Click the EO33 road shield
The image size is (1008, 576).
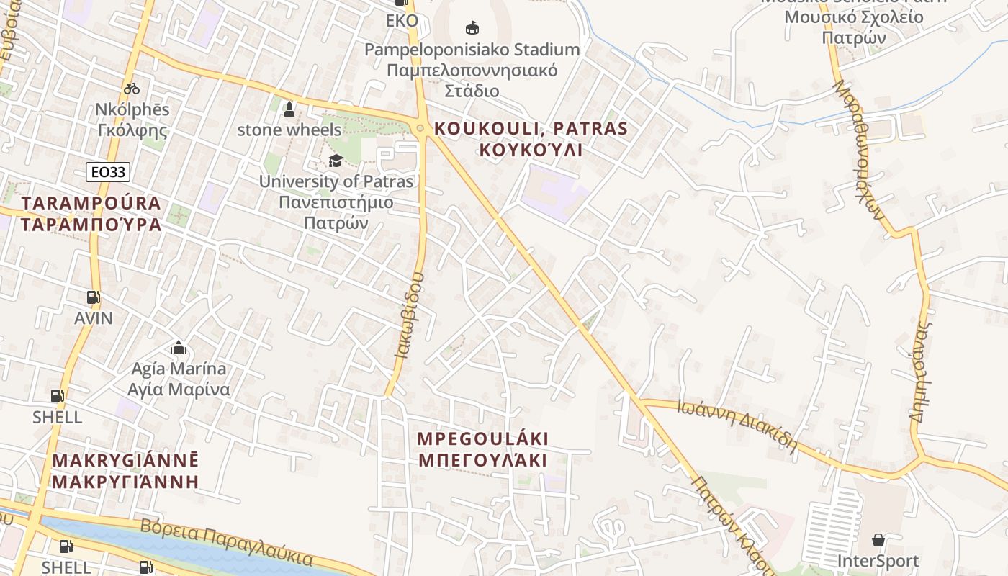(108, 172)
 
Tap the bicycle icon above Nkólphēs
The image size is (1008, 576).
(132, 89)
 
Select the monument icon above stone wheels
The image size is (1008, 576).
(289, 109)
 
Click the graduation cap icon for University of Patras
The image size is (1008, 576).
(336, 161)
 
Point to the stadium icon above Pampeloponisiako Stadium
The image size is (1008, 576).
(472, 28)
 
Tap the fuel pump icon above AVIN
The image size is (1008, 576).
(93, 297)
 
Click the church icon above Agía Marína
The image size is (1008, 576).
(179, 348)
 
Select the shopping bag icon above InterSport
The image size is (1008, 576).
(878, 540)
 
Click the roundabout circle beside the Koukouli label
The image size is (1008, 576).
(420, 129)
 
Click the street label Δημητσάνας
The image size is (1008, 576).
(921, 371)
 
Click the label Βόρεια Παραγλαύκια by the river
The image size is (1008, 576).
(227, 541)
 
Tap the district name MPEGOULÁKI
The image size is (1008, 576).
(483, 438)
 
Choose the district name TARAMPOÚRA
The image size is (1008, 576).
(91, 203)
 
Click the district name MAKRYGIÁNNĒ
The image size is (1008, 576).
(125, 460)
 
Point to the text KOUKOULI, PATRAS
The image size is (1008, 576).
(531, 130)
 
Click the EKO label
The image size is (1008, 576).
(402, 20)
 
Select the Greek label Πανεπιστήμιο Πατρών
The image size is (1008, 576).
(336, 212)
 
